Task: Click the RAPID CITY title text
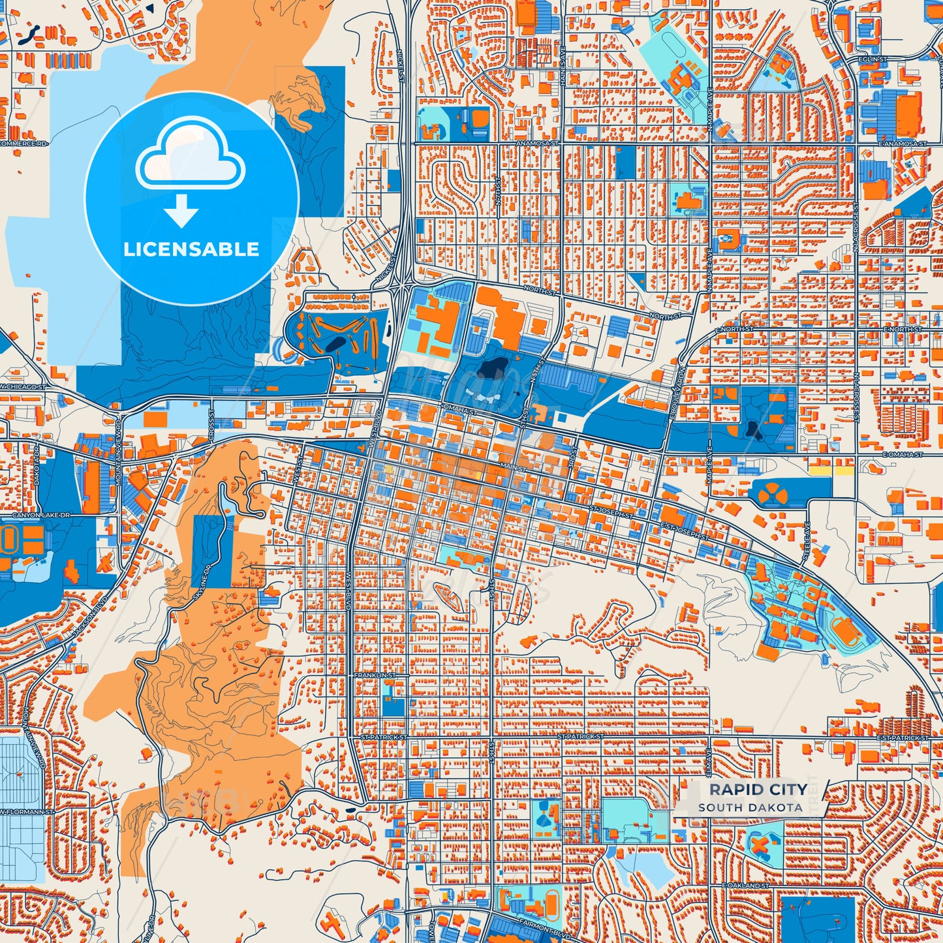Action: (758, 790)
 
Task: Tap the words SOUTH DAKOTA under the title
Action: (750, 807)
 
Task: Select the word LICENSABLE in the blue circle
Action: (191, 249)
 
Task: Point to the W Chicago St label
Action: (23, 387)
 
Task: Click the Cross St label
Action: (211, 423)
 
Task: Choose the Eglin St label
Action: (873, 59)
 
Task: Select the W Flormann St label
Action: (26, 812)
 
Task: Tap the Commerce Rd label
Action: (23, 143)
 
